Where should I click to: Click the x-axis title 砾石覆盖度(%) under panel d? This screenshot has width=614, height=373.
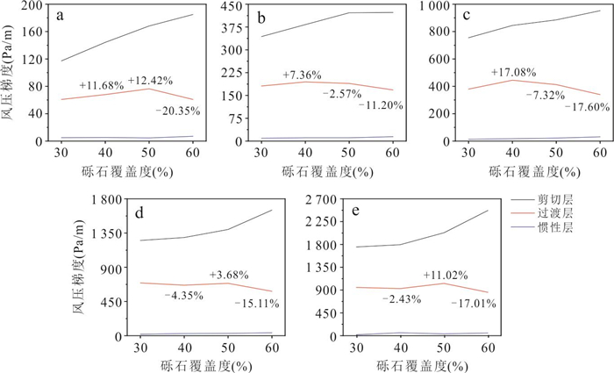[x=206, y=363]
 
